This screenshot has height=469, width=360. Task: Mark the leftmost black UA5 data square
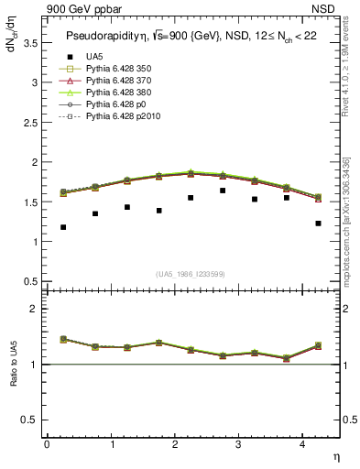63,227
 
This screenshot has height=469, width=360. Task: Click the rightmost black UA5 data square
318,224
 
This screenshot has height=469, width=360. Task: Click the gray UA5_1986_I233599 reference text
191,274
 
